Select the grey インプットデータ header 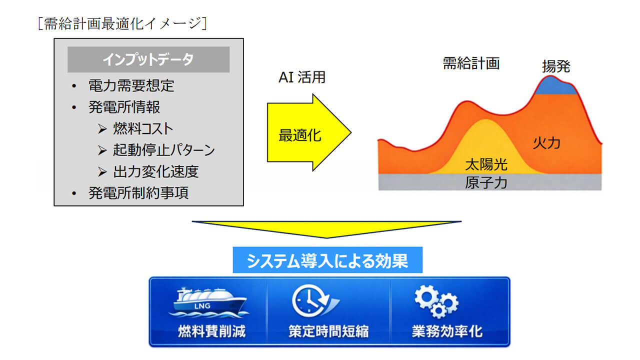[148, 59]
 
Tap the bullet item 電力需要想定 [131, 85]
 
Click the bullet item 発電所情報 [124, 107]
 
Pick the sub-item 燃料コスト [143, 128]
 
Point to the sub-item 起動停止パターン [164, 150]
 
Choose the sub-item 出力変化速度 [156, 171]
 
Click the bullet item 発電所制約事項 [138, 193]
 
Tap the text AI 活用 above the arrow [301, 77]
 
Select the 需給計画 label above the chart [471, 63]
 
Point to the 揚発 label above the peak [556, 66]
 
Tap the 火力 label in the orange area [546, 143]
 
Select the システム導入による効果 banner [327, 260]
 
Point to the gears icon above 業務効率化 [436, 301]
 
